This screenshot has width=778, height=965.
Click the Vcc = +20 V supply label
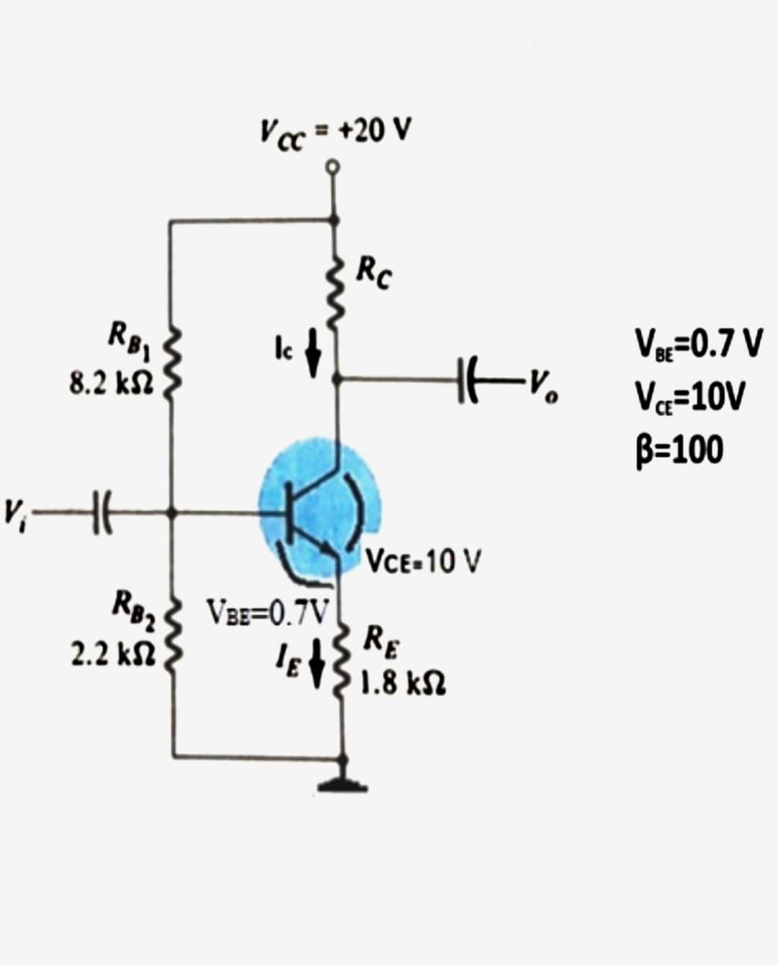[x=335, y=131]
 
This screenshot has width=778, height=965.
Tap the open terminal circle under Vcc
[x=332, y=167]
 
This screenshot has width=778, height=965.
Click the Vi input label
[x=14, y=512]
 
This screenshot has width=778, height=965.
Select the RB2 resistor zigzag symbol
[x=171, y=638]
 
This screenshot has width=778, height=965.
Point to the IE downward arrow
[x=315, y=667]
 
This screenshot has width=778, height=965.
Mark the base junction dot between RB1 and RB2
[x=171, y=512]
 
